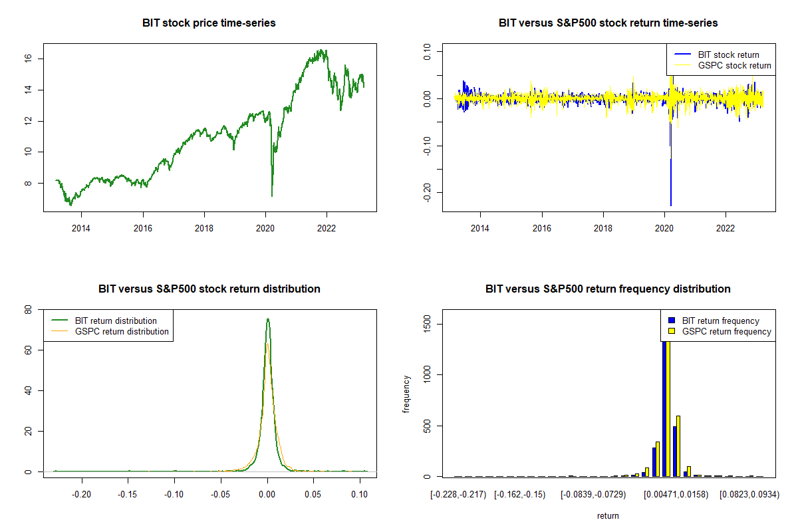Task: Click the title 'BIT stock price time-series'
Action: (x=209, y=23)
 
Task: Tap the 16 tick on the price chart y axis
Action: (x=40, y=59)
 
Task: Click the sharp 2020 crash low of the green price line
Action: (x=272, y=196)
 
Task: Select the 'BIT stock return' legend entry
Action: (x=728, y=55)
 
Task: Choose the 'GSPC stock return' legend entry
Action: (x=734, y=65)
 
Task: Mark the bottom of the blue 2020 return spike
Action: (x=671, y=205)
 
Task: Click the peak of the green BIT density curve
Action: (x=267, y=319)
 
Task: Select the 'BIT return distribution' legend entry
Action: (x=116, y=321)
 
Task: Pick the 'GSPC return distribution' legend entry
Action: (x=122, y=331)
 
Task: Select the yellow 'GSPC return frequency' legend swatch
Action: (x=671, y=331)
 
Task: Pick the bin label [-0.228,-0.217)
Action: (x=460, y=495)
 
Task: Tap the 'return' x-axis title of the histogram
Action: (x=608, y=515)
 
